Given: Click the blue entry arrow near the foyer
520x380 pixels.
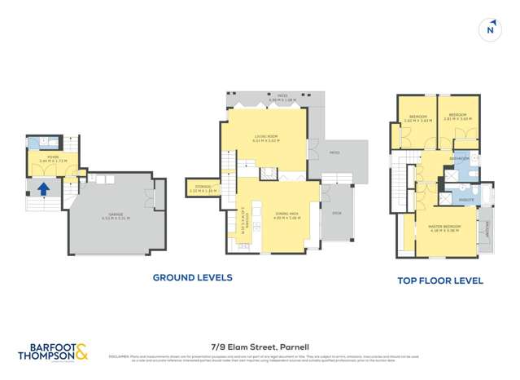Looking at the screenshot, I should pyautogui.click(x=44, y=190).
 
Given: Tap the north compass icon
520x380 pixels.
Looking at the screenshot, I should pyautogui.click(x=489, y=29).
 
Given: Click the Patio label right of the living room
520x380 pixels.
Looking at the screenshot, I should pyautogui.click(x=334, y=152).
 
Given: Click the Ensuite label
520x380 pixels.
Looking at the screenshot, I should pyautogui.click(x=466, y=198).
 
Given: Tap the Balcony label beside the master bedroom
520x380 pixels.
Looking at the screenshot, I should pyautogui.click(x=488, y=231).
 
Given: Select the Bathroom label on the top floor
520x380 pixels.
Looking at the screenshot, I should pyautogui.click(x=461, y=158).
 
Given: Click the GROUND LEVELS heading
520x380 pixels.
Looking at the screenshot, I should pyautogui.click(x=193, y=277).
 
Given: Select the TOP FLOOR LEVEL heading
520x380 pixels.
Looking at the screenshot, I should pyautogui.click(x=439, y=281).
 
